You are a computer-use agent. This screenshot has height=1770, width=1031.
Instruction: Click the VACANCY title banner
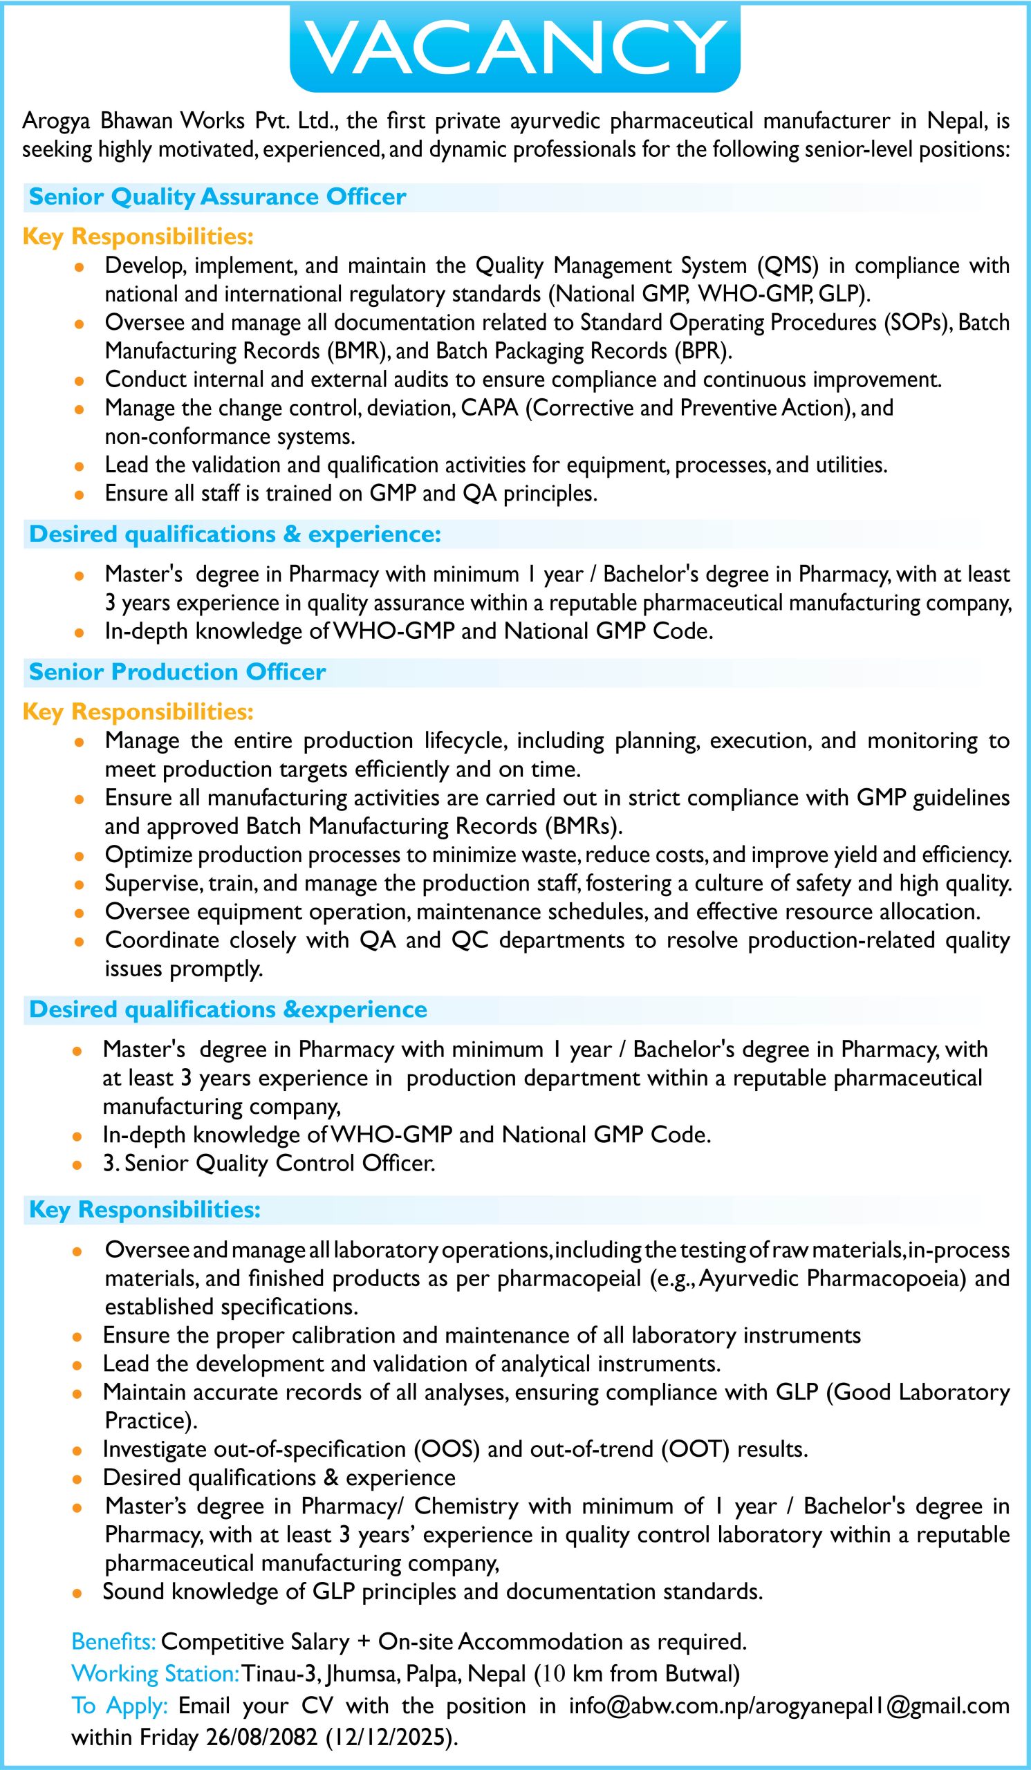click(x=514, y=47)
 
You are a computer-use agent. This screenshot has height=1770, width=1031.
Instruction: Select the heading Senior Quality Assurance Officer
click(x=217, y=196)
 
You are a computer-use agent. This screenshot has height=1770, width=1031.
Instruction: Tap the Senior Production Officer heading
click(x=177, y=672)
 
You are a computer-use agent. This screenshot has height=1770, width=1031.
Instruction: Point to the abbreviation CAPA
click(x=490, y=408)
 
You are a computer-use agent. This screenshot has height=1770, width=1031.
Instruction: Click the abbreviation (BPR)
click(x=702, y=351)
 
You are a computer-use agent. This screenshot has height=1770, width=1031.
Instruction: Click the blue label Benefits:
click(x=114, y=1642)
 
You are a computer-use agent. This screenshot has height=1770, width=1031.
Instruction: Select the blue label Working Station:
click(x=154, y=1675)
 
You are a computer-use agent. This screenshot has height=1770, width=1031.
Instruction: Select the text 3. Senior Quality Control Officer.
click(x=269, y=1164)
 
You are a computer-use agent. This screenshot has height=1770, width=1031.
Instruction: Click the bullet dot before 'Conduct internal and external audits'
click(x=81, y=381)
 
